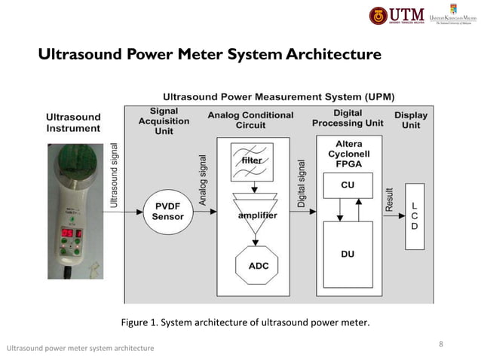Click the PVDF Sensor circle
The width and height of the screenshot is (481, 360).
point(168,212)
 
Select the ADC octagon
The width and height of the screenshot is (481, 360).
point(258,266)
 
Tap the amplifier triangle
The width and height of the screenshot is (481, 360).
point(258,215)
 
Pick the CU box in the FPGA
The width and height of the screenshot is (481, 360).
point(347,185)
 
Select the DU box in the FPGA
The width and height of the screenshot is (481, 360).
point(347,255)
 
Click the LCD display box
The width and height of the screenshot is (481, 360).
point(413,215)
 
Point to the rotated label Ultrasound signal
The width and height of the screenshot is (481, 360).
point(115,175)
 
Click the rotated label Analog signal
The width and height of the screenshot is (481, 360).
point(202,181)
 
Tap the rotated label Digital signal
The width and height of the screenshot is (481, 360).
point(302,183)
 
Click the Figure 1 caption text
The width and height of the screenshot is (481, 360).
point(245,323)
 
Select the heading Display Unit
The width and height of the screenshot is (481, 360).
point(411,121)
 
